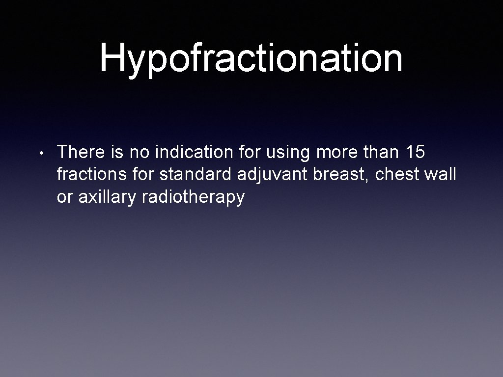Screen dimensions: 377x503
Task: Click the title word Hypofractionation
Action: click(251, 58)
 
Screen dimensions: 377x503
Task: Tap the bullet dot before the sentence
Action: click(44, 154)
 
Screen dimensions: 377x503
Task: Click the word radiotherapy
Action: click(193, 197)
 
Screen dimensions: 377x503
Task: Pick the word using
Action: click(288, 153)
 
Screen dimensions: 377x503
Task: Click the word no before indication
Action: click(140, 152)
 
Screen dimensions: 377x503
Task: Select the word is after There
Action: click(117, 152)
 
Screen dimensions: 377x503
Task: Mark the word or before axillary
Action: click(64, 197)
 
